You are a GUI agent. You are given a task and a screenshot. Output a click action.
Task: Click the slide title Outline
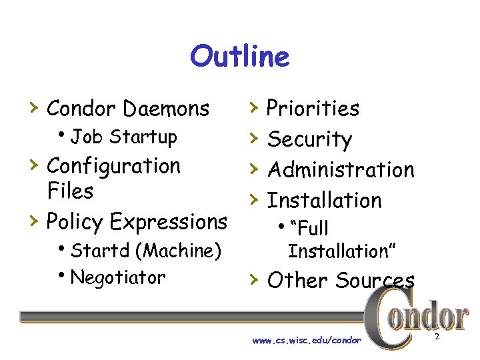point(239,57)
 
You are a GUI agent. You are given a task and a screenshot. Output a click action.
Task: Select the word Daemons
point(167,108)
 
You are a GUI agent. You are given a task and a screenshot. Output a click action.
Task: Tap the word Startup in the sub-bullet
point(144,137)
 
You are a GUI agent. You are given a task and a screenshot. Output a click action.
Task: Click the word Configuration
point(113,166)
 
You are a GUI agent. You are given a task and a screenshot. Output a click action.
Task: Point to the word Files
point(70,191)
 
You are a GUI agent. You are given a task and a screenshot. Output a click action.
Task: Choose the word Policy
point(75,221)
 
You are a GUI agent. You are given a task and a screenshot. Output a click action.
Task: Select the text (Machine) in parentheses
point(177,251)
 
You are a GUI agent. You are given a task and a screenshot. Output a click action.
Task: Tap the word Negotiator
point(117,277)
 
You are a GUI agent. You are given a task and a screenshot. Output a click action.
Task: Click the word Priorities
point(313,108)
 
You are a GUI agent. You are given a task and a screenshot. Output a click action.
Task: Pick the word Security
point(309,139)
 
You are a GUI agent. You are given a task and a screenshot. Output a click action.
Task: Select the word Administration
point(341,170)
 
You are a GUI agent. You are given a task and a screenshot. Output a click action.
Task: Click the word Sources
point(375,281)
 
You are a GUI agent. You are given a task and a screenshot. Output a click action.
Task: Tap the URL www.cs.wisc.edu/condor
point(307,340)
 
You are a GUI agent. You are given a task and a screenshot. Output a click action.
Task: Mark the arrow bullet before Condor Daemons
point(33,107)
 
